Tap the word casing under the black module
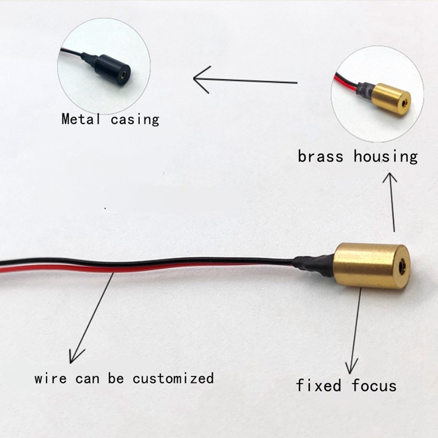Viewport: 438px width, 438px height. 135,119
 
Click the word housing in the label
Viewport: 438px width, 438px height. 385,157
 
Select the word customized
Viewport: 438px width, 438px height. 173,378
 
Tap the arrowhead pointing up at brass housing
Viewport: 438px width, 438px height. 390,177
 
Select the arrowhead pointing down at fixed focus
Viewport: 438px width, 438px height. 351,367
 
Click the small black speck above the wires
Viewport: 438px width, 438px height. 105,208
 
